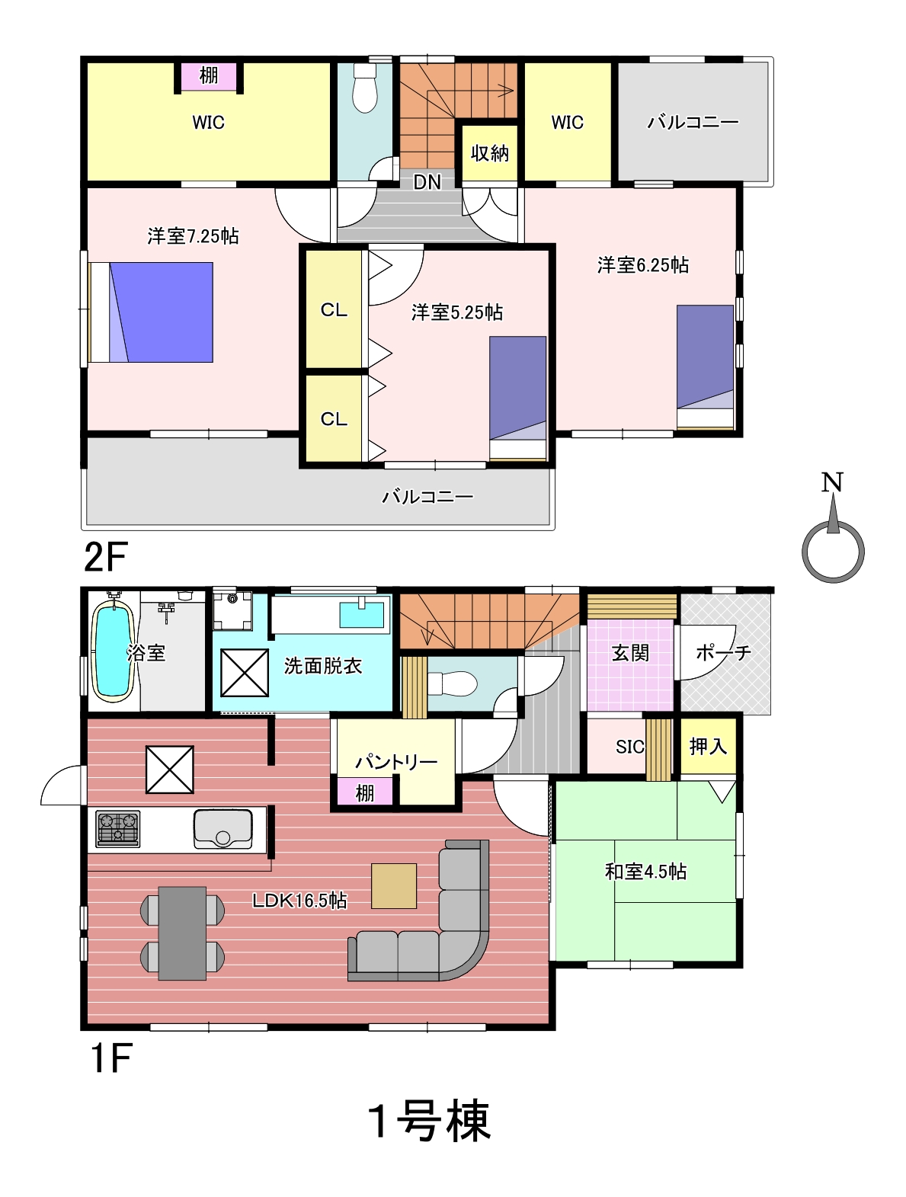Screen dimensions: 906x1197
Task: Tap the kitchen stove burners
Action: point(117,829)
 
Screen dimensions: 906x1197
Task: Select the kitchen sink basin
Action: point(222,829)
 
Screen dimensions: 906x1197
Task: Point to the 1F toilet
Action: point(452,684)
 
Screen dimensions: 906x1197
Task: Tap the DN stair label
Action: point(427,182)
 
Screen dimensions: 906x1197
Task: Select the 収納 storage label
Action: point(489,153)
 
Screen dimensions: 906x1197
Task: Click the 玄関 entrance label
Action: point(630,653)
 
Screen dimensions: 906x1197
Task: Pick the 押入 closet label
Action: point(708,746)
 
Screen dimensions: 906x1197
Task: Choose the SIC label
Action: point(629,747)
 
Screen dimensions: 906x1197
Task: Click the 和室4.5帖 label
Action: point(645,872)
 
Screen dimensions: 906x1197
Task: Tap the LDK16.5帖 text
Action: point(299,901)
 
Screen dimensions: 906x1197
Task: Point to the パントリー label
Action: point(396,761)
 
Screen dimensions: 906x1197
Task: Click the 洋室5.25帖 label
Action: point(457,312)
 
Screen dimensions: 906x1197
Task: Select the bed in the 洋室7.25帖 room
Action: point(151,312)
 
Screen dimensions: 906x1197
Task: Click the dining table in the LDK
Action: point(182,933)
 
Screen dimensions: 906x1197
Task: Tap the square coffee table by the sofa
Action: point(394,885)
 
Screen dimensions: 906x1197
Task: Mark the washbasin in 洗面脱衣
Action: point(361,614)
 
